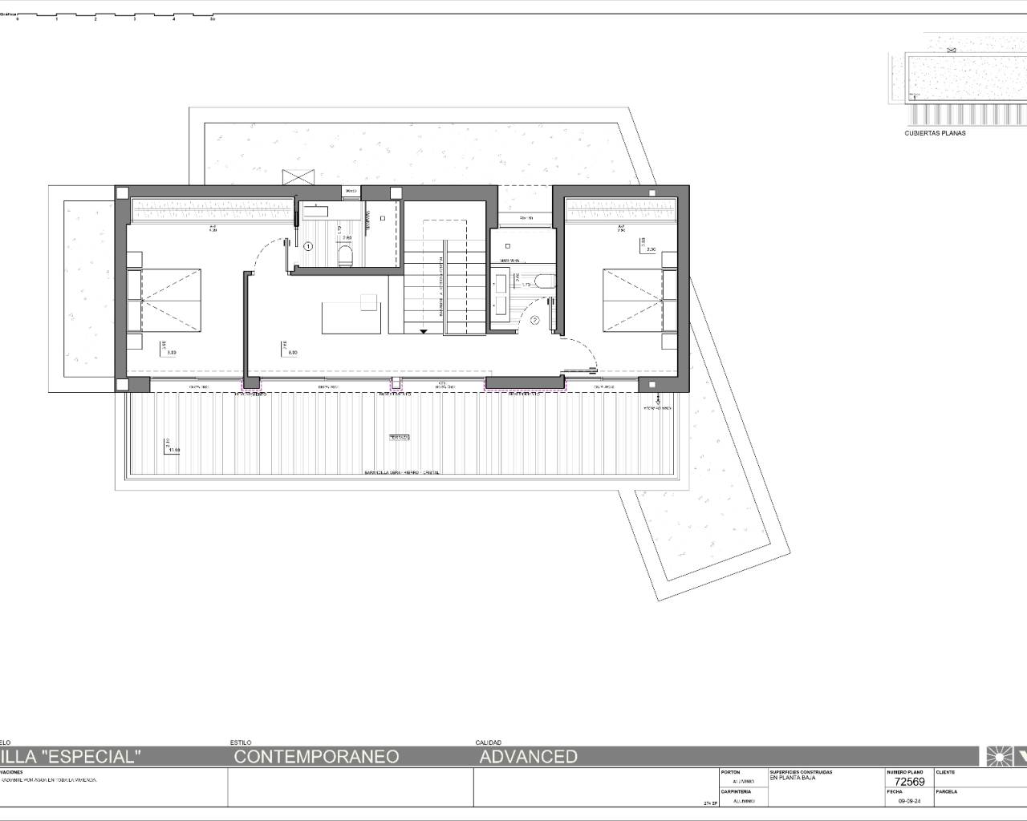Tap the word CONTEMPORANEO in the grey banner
(x=317, y=756)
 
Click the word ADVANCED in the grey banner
(x=528, y=756)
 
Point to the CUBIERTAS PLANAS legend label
(x=935, y=133)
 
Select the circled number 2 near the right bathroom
(x=535, y=320)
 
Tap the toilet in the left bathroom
(x=346, y=255)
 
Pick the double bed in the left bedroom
(x=164, y=300)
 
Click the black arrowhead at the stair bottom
(x=423, y=330)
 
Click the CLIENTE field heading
(x=945, y=772)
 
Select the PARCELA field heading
(x=947, y=791)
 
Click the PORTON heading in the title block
(x=730, y=772)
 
